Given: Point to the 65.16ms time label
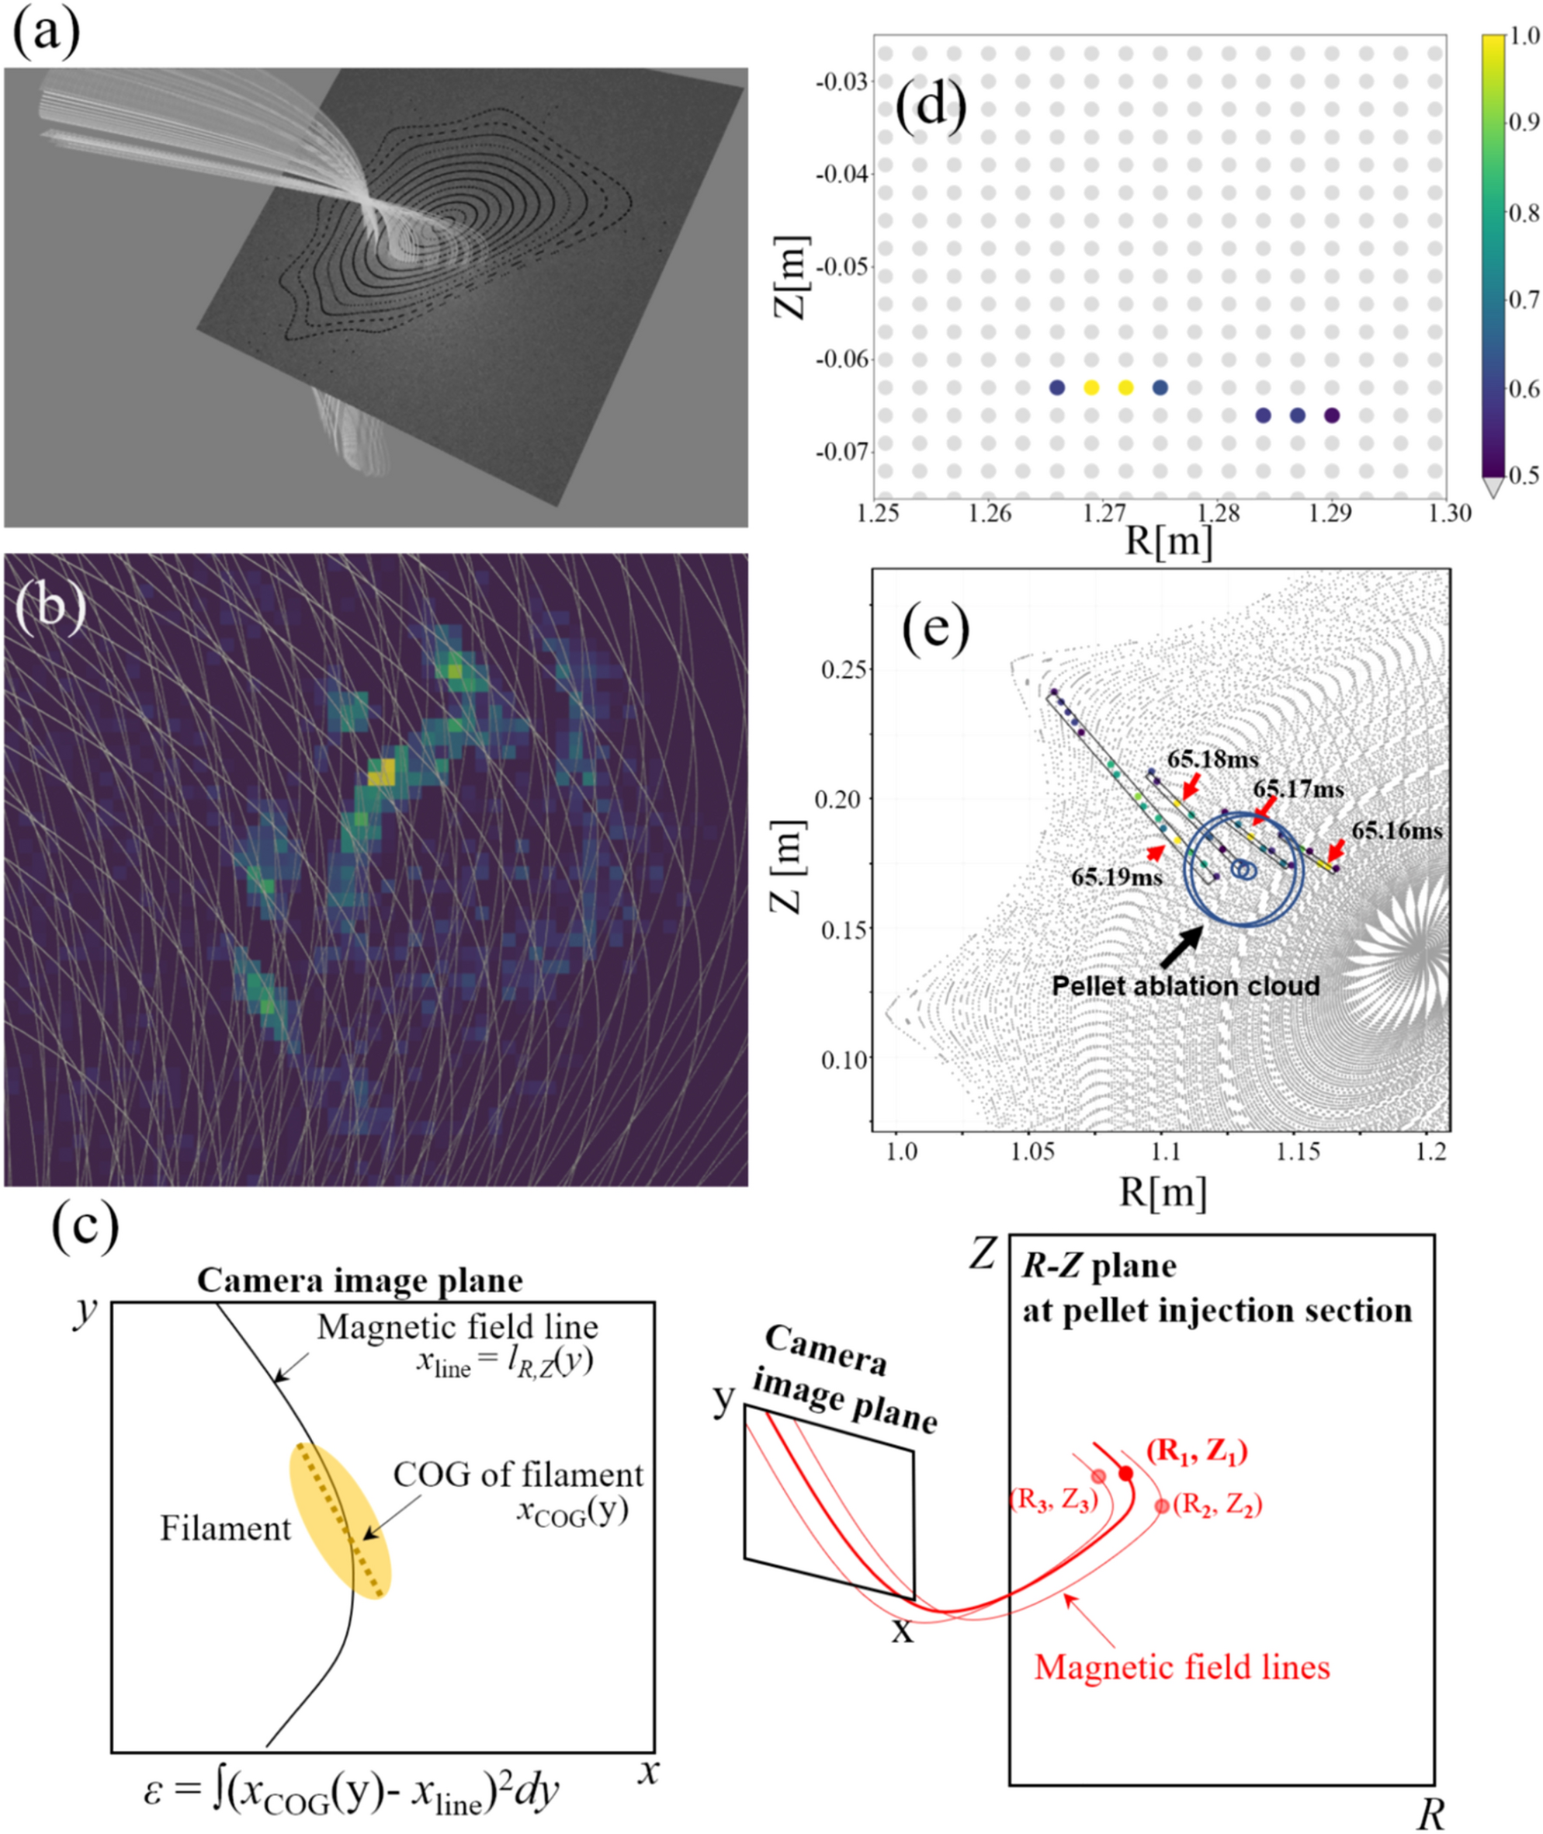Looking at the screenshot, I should pyautogui.click(x=1397, y=830).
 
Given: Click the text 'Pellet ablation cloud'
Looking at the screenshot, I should pyautogui.click(x=1185, y=985).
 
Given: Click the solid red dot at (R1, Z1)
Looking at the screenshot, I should pyautogui.click(x=1125, y=1474).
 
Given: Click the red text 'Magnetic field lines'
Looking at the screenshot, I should pyautogui.click(x=1182, y=1666).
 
